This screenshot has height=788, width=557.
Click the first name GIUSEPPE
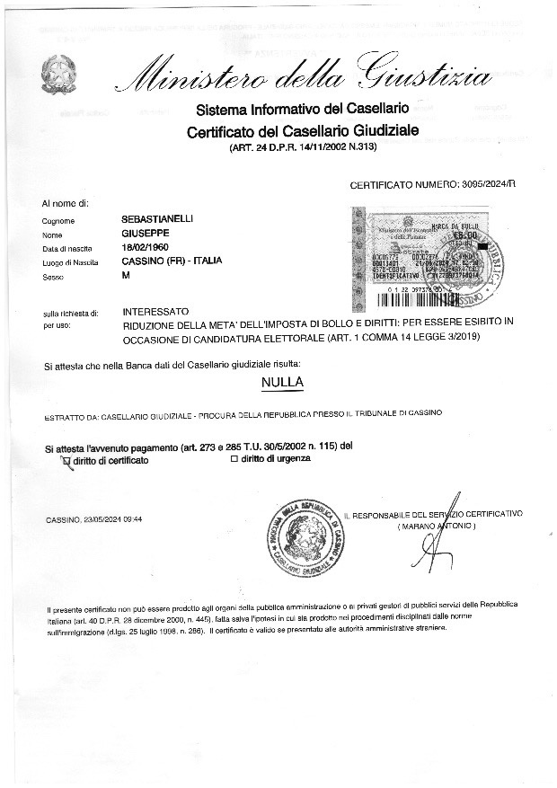(x=146, y=233)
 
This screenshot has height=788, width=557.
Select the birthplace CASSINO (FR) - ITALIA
(x=171, y=261)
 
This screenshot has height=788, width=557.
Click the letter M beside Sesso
(x=126, y=276)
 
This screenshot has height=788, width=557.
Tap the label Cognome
(x=58, y=221)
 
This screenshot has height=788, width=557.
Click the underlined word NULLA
(x=282, y=383)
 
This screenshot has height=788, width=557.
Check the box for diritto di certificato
(x=65, y=459)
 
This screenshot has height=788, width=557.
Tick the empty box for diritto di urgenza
(x=234, y=458)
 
